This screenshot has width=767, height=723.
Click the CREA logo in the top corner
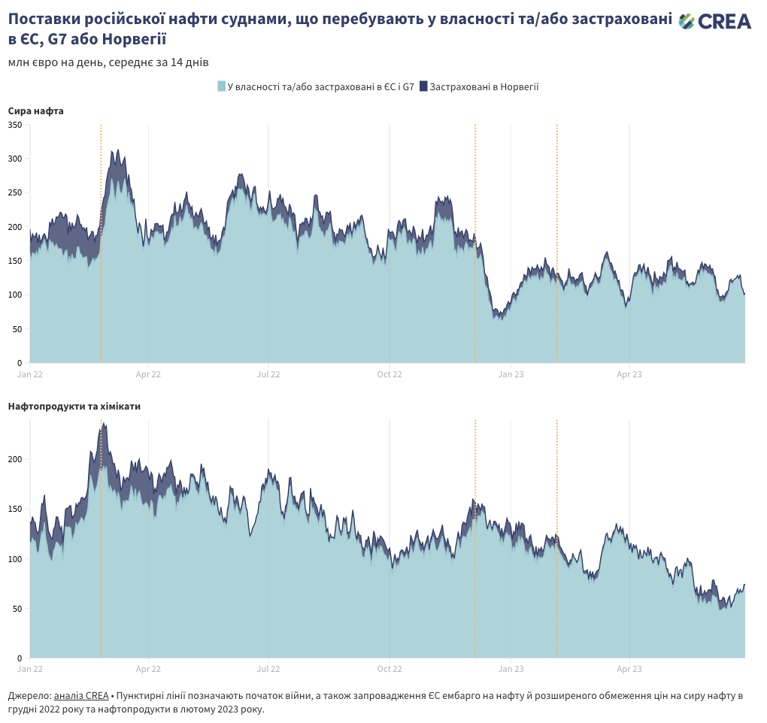[x=714, y=22]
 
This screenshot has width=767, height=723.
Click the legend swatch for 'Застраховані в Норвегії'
[x=423, y=86]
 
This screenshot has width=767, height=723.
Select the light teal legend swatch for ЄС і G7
[x=221, y=86]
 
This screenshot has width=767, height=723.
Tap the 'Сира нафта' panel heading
[x=36, y=111]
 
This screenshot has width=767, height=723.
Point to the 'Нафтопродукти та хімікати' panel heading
[x=74, y=407]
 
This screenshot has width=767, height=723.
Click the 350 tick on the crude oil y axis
[x=15, y=125]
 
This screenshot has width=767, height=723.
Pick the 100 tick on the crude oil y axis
[x=15, y=295]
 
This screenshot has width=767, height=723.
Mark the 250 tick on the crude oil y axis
[x=15, y=193]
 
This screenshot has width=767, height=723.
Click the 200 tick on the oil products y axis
[x=15, y=459]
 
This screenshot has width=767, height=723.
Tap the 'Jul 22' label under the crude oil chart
[x=268, y=374]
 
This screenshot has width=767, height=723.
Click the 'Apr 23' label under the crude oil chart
[x=629, y=374]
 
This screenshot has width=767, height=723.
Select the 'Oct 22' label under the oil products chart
[x=390, y=668]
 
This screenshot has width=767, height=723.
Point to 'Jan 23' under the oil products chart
[x=511, y=668]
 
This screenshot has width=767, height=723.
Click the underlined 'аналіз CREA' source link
[x=81, y=696]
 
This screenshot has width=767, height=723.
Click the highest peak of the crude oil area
[x=117, y=151]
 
